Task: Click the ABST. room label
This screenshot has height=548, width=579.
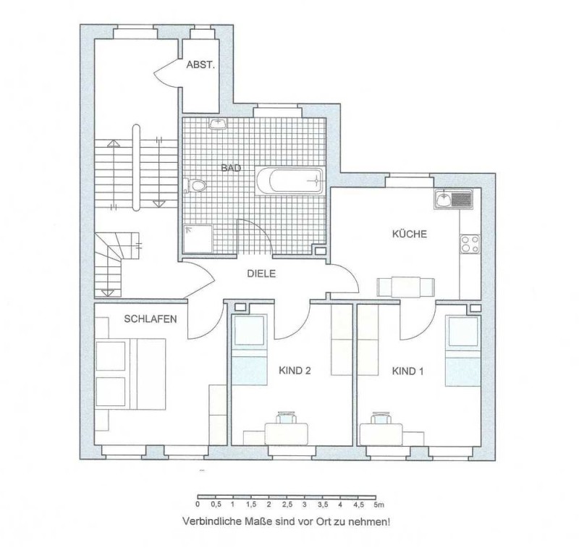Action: pyautogui.click(x=200, y=65)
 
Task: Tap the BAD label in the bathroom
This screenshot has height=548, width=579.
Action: pyautogui.click(x=231, y=169)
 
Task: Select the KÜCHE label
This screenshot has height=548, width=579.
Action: pyautogui.click(x=409, y=234)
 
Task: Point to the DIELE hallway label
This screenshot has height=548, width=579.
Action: pyautogui.click(x=261, y=274)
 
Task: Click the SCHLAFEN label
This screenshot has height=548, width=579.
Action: pyautogui.click(x=151, y=319)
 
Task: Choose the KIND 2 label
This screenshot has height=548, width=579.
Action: pyautogui.click(x=295, y=371)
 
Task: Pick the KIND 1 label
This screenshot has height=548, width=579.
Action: pyautogui.click(x=407, y=371)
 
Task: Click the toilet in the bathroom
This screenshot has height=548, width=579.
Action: pyautogui.click(x=195, y=185)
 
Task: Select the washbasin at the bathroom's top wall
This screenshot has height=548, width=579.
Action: pyautogui.click(x=218, y=124)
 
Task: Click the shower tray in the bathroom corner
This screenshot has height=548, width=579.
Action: pyautogui.click(x=198, y=239)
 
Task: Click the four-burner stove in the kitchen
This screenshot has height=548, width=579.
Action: pyautogui.click(x=470, y=244)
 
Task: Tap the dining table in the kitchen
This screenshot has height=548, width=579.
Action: pyautogui.click(x=406, y=287)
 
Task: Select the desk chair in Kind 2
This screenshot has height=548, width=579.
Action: pyautogui.click(x=287, y=418)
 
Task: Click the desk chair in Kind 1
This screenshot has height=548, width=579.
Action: pyautogui.click(x=381, y=418)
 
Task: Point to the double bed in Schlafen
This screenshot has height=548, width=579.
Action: pyautogui.click(x=130, y=374)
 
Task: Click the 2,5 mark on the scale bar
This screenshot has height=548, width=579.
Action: pyautogui.click(x=287, y=505)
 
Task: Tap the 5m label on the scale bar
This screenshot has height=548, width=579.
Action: pyautogui.click(x=379, y=505)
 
